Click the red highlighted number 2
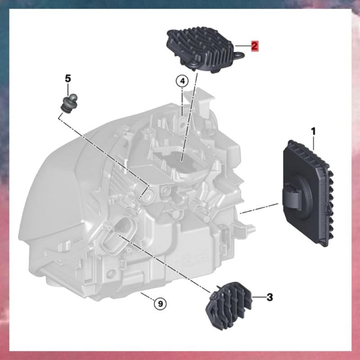(x=255, y=46)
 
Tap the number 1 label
(x=313, y=131)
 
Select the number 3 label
(x=270, y=297)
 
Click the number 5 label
(x=68, y=78)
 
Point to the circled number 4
(x=182, y=81)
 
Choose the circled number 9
(x=161, y=304)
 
